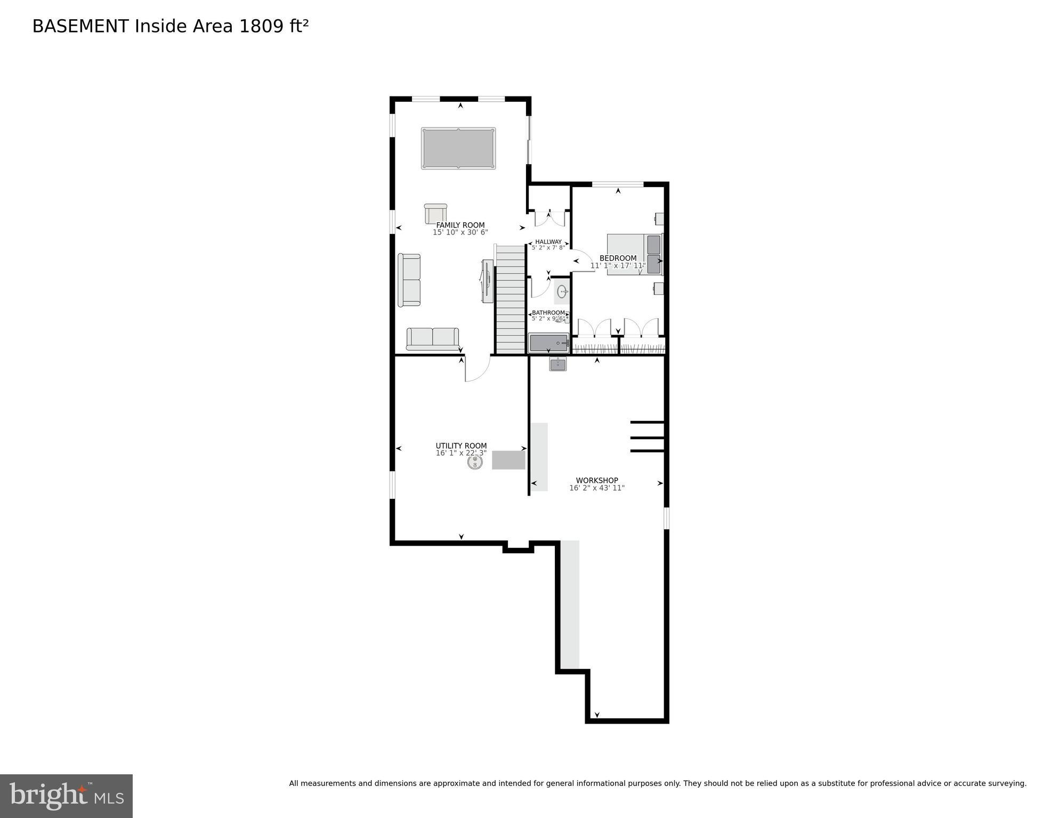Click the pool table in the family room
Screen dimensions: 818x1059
[458, 148]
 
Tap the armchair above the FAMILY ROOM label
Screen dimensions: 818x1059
[435, 214]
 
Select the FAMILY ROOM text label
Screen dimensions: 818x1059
[460, 225]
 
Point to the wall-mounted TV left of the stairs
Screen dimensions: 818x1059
[486, 281]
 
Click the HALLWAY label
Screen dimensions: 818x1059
[548, 241]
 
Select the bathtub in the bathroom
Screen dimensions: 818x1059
[548, 343]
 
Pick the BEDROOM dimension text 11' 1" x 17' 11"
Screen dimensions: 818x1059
[618, 265]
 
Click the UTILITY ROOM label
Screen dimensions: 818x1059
[461, 446]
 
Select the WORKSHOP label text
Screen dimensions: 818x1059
[597, 480]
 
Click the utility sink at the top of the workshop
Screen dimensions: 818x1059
[558, 364]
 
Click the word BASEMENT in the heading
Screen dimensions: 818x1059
[80, 26]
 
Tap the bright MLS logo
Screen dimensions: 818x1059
[66, 796]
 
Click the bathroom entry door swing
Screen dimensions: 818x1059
[540, 287]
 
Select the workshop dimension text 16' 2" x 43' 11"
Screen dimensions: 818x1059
[597, 488]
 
